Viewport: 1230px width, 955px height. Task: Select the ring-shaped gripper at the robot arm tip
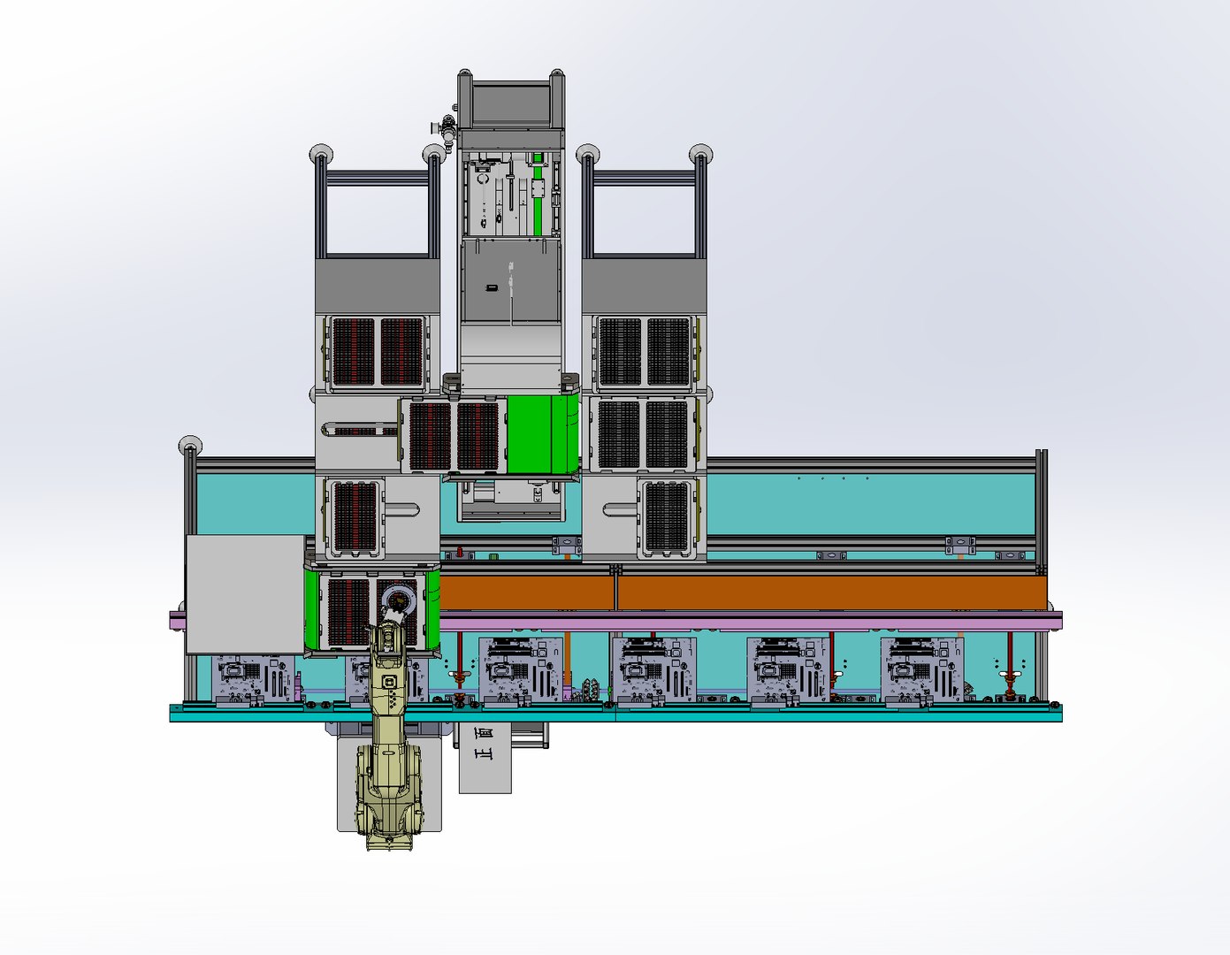pyautogui.click(x=399, y=602)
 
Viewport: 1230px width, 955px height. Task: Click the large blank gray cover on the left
pyautogui.click(x=245, y=593)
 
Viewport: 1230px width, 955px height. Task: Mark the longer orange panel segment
pyautogui.click(x=831, y=592)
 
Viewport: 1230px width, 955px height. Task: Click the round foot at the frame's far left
pyautogui.click(x=189, y=445)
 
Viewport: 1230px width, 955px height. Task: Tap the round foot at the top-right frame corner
pyautogui.click(x=700, y=153)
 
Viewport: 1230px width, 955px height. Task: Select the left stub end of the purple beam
pyautogui.click(x=176, y=620)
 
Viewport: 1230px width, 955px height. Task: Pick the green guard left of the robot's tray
pyautogui.click(x=310, y=609)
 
